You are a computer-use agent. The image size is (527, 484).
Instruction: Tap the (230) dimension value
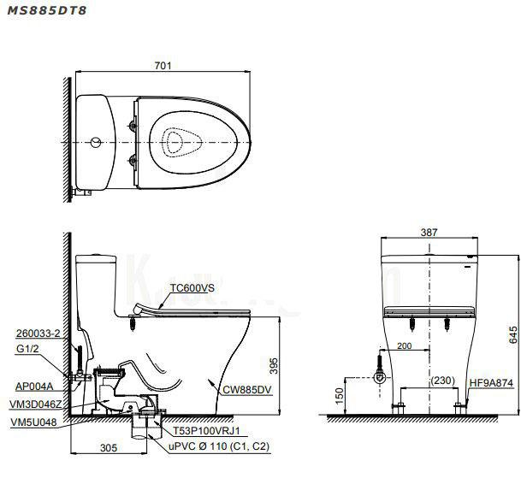(x=442, y=381)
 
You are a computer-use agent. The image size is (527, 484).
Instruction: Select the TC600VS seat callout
(x=192, y=289)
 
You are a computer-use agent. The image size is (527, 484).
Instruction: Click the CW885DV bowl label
(x=247, y=389)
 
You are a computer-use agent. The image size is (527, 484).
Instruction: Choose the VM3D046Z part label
(x=35, y=402)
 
